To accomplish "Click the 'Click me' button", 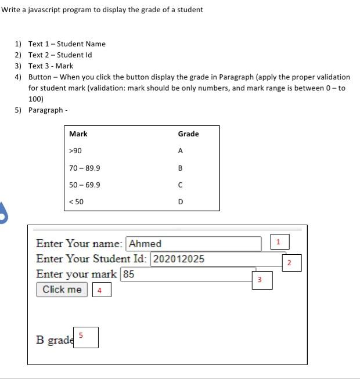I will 62,290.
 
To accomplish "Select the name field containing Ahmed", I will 194,244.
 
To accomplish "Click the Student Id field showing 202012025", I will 218,259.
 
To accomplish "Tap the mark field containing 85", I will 188,274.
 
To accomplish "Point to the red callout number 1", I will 279,241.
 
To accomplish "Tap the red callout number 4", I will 100,290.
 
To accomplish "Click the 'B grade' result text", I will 54,340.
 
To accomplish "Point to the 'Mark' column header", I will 78,134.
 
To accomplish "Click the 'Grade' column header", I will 188,134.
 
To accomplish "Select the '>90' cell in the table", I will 75,151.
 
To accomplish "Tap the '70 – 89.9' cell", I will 84,168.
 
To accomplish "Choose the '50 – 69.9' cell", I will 84,185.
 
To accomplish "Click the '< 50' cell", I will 76,202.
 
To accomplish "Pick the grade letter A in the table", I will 181,151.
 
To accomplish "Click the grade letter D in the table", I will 181,202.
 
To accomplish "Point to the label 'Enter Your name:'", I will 79,244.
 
